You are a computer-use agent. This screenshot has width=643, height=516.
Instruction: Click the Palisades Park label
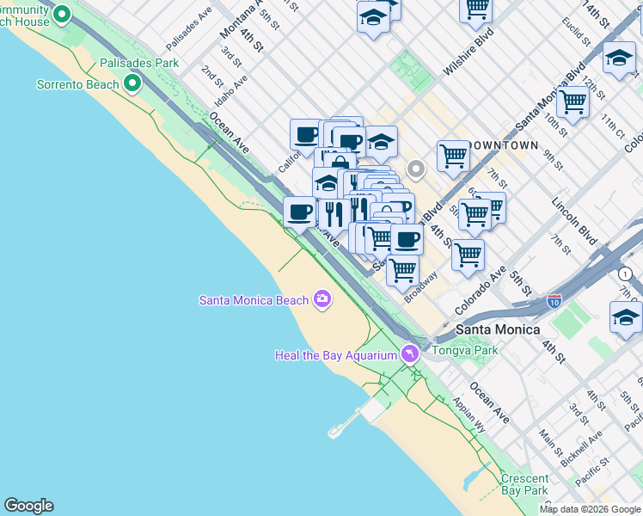139,63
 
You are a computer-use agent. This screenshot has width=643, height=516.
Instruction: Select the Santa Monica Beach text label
253,300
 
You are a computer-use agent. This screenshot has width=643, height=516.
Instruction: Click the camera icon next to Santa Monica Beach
322,298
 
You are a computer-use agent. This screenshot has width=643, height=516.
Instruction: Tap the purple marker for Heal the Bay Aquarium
410,353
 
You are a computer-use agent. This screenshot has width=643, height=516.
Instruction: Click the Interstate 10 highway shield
554,302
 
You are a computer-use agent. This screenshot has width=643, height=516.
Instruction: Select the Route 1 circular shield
625,273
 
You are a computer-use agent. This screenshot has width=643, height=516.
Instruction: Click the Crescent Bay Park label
524,484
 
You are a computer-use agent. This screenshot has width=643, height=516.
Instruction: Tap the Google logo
28,506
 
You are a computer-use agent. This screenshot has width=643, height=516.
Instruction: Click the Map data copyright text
590,509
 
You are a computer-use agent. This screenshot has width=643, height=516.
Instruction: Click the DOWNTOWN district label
516,145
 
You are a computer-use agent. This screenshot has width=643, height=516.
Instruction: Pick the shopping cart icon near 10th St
573,101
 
